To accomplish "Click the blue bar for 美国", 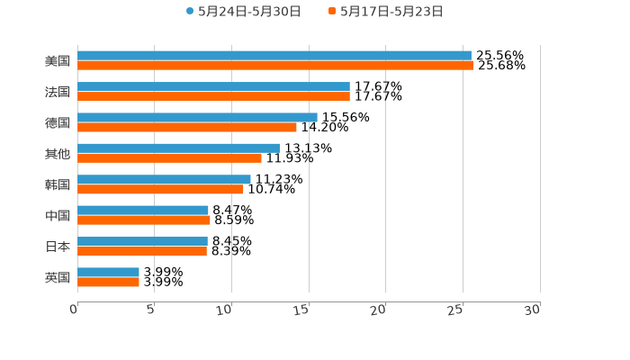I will (274, 56).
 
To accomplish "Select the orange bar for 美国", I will (275, 66).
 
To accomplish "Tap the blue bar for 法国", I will (213, 86).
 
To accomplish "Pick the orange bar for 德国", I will (187, 127).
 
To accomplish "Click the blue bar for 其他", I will (178, 148).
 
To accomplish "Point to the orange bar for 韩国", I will (160, 189).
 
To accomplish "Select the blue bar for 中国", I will (143, 211).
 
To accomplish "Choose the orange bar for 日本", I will (142, 251).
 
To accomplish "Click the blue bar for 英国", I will (108, 272).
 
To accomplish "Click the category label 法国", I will (58, 92).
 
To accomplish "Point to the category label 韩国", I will (58, 184).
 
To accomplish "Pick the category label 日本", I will (58, 246).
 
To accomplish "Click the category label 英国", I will (58, 277).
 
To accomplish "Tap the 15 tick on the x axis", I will (306, 309).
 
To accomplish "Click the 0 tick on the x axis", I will (75, 309).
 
